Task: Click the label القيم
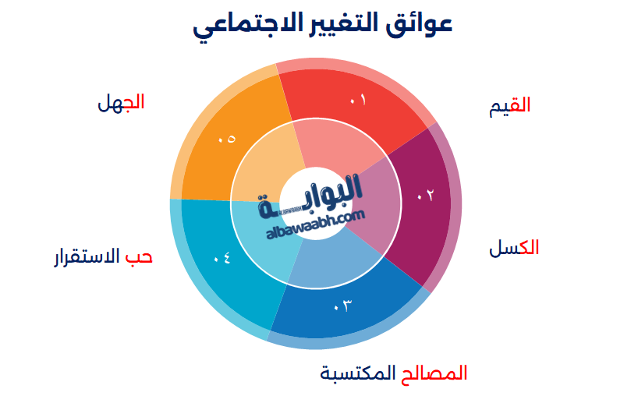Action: [x=510, y=106]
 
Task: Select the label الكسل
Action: [x=514, y=248]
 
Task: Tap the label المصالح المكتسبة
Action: [x=394, y=373]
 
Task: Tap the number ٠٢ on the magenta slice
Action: [x=425, y=196]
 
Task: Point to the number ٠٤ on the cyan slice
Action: [x=222, y=256]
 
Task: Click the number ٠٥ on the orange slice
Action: [x=227, y=139]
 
